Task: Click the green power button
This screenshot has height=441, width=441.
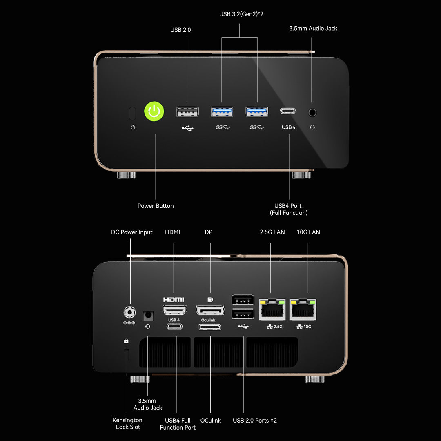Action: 154,111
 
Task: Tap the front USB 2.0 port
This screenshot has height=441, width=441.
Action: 187,111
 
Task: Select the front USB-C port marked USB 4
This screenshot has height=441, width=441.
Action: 288,111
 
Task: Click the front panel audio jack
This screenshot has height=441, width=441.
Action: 312,113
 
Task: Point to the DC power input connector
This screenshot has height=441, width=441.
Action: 130,312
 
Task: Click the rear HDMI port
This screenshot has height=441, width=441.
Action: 174,310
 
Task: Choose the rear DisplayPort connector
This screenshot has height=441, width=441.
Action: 210,310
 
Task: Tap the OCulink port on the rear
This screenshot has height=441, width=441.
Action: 210,327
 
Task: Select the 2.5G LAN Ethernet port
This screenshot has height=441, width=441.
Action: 272,310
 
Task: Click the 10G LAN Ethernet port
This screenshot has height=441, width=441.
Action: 303,310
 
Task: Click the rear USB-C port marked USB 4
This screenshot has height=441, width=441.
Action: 174,327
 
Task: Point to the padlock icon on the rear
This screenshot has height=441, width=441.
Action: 126,341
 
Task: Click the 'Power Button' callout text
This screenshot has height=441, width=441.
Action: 156,206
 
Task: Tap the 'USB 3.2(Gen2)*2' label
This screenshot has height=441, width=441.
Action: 241,14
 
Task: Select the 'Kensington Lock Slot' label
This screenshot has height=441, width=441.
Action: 127,423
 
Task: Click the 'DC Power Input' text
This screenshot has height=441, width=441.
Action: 131,232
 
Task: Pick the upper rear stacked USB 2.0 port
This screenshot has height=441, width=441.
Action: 243,300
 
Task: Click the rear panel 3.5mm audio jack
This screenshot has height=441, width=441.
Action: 148,316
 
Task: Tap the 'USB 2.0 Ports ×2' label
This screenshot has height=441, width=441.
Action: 255,421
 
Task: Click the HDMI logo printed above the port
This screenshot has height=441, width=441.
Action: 174,300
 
